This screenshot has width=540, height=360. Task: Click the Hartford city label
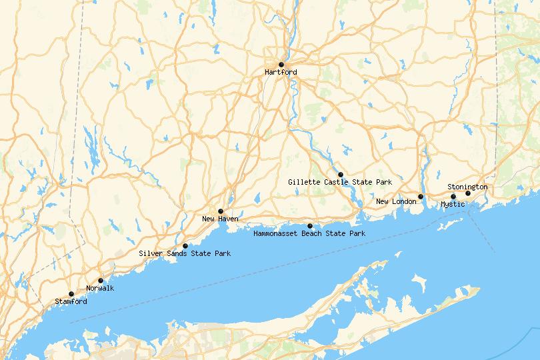[281, 72]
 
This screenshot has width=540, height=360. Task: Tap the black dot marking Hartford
[281, 65]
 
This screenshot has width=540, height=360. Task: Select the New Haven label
[220, 219]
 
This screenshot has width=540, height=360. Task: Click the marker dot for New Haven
[220, 211]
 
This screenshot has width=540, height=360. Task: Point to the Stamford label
[71, 301]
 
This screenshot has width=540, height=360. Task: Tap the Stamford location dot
[71, 294]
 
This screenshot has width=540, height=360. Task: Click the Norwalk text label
[100, 288]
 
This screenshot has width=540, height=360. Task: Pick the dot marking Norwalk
[101, 281]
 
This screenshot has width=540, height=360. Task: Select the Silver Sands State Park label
[185, 253]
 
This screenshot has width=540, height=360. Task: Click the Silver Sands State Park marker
[185, 246]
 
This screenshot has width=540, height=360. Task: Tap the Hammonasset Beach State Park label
[309, 233]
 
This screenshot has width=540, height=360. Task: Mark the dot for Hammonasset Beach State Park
[310, 226]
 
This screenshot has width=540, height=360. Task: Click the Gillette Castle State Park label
[340, 181]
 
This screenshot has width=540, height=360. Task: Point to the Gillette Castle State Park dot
[341, 174]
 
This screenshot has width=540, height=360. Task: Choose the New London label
[396, 201]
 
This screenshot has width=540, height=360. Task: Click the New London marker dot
[421, 197]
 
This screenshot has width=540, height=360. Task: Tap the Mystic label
[453, 204]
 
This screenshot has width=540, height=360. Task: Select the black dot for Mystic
[453, 197]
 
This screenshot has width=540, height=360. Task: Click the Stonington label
[467, 187]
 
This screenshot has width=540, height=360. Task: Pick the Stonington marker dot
[468, 193]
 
